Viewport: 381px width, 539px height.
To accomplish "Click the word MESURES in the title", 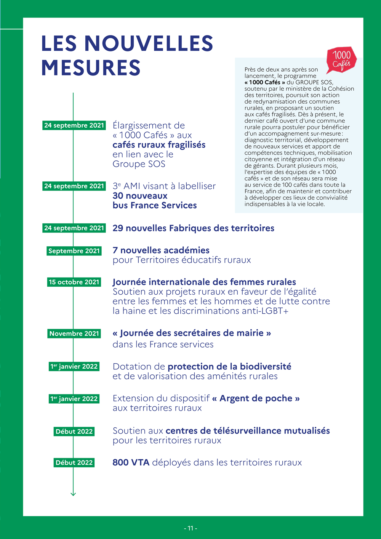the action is pos(91,68).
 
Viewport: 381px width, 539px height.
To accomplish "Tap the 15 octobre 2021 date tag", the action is pos(74,282).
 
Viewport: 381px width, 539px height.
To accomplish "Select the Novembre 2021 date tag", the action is pos(74,334).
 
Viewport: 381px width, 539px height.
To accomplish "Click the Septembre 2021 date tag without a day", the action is pos(74,251).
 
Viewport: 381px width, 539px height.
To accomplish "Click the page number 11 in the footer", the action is pos(190,528).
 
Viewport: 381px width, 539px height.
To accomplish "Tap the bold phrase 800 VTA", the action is pos(131,462).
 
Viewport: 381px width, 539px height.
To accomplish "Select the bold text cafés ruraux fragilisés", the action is pos(159,145).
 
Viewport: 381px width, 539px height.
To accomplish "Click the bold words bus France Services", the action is pos(155,205).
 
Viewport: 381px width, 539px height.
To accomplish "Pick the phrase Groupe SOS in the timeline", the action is pos(139,164).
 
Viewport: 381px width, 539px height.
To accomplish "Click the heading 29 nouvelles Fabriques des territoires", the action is pos(193,228).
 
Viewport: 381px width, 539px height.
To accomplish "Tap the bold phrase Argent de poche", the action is pos(256,398).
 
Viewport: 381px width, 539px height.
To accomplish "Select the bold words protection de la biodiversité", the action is pos(229,367).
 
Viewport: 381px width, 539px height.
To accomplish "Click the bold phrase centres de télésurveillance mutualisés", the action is pos(248,431).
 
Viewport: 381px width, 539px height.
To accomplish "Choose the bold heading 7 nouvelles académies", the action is pos(161,250).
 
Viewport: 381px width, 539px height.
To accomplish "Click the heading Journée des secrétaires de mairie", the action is pos(192,333).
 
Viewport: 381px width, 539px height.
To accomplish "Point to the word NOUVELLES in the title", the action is pos(149,43).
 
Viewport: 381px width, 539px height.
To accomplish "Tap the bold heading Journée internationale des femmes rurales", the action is pos(204,282).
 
